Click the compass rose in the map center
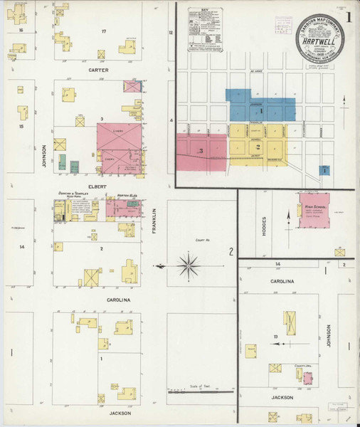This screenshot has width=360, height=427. pyautogui.click(x=188, y=267)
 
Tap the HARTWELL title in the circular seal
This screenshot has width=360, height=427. pyautogui.click(x=317, y=41)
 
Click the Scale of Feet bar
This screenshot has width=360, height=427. pyautogui.click(x=198, y=389)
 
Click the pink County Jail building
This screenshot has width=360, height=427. pyautogui.click(x=307, y=378)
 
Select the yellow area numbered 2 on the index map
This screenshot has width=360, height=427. pyautogui.click(x=258, y=147)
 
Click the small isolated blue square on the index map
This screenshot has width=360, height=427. pyautogui.click(x=325, y=170)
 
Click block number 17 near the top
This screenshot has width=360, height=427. pyautogui.click(x=104, y=32)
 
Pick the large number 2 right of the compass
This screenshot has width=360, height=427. pyautogui.click(x=231, y=251)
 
